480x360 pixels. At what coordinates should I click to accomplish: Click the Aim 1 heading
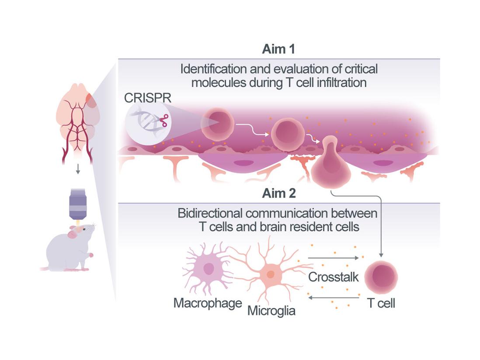tap(278, 49)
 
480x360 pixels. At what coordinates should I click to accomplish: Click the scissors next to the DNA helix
tap(163, 120)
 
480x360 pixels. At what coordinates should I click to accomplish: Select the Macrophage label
tap(208, 303)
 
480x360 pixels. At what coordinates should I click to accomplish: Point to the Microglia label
tap(271, 311)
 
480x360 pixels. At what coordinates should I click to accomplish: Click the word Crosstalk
tap(333, 277)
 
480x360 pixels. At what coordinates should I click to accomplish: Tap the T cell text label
tap(381, 303)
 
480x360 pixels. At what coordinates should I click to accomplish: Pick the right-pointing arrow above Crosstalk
tap(333, 258)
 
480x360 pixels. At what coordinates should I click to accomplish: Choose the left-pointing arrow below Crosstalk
tap(333, 298)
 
